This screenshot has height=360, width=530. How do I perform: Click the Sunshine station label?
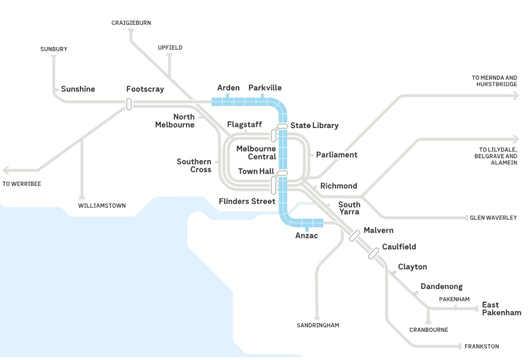pyautogui.click(x=78, y=89)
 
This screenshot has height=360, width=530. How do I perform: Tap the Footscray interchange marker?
pyautogui.click(x=127, y=103)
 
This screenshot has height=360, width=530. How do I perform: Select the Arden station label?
pyautogui.click(x=228, y=88)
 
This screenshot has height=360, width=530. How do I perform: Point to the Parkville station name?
pyautogui.click(x=265, y=88)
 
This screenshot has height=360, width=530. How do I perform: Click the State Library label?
pyautogui.click(x=314, y=125)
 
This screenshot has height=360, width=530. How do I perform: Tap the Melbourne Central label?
pyautogui.click(x=256, y=152)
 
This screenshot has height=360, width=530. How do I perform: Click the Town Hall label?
pyautogui.click(x=256, y=172)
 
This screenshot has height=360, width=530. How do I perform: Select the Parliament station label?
pyautogui.click(x=337, y=155)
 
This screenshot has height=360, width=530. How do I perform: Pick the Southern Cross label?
pyautogui.click(x=194, y=166)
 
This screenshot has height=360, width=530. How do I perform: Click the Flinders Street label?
pyautogui.click(x=247, y=201)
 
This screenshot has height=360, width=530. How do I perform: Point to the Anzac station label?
pyautogui.click(x=306, y=235)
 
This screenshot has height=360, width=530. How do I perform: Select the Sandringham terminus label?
pyautogui.click(x=318, y=325)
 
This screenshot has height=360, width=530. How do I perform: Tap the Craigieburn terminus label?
pyautogui.click(x=131, y=23)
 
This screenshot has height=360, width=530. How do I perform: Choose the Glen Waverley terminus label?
pyautogui.click(x=493, y=218)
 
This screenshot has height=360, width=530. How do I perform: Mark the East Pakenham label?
pyautogui.click(x=501, y=308)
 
